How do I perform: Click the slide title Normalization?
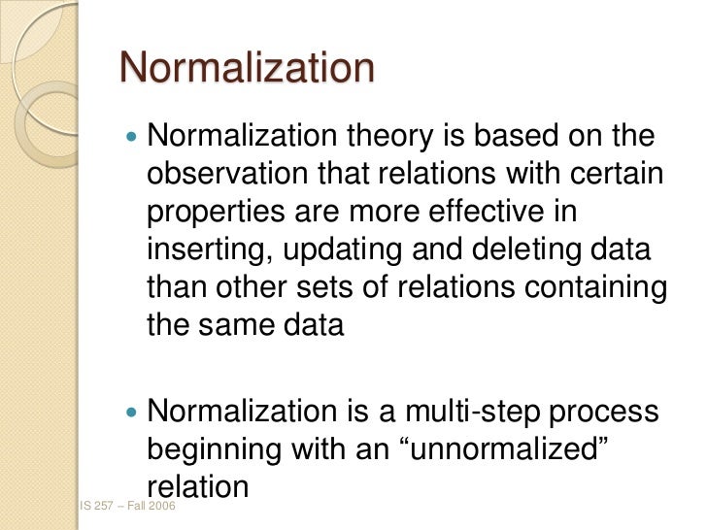tap(247, 69)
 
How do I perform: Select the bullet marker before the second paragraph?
tap(133, 414)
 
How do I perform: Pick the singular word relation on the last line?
tap(198, 486)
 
